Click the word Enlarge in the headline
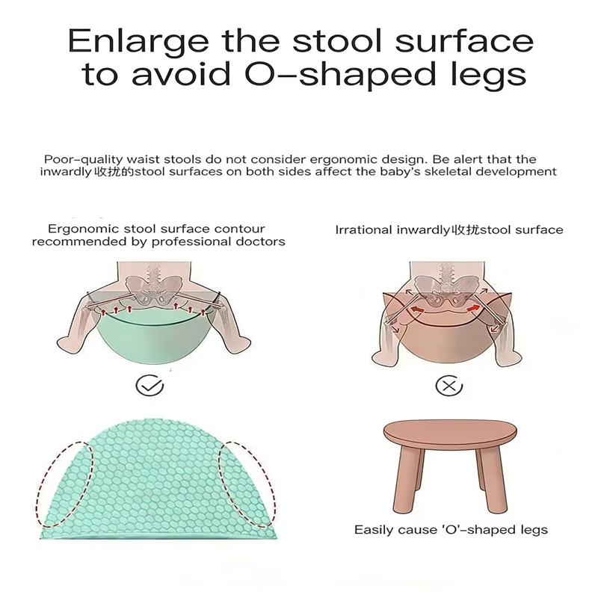click(x=138, y=41)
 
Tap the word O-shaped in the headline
click(x=340, y=74)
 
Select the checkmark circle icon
click(x=149, y=386)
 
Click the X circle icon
click(x=449, y=386)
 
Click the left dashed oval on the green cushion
click(x=65, y=484)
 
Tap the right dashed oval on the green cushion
click(x=247, y=484)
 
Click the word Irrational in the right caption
click(x=364, y=230)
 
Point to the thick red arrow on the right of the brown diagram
click(x=473, y=307)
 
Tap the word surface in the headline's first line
click(x=463, y=41)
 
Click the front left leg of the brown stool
click(x=407, y=480)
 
